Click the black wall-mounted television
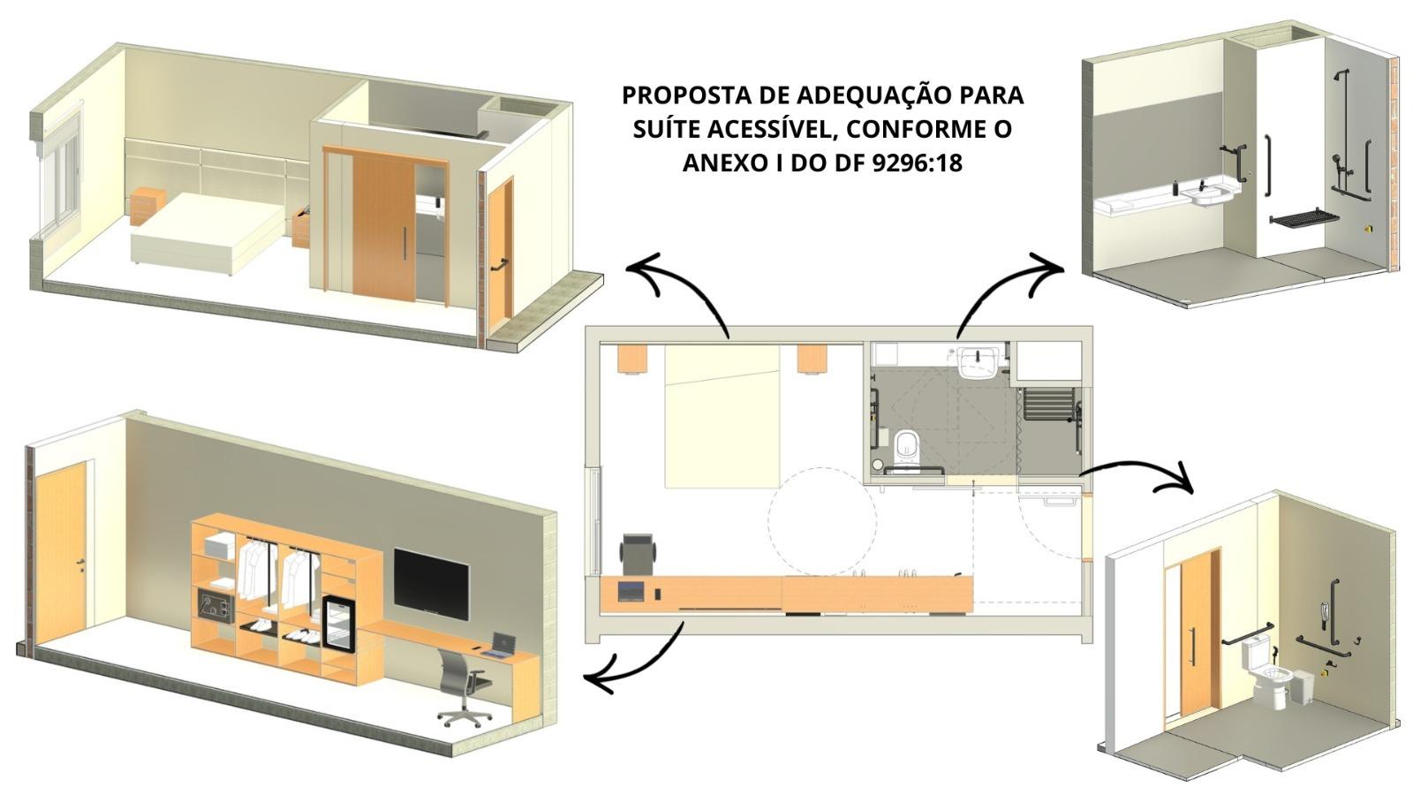click(x=431, y=584)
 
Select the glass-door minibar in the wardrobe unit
click(x=339, y=622)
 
